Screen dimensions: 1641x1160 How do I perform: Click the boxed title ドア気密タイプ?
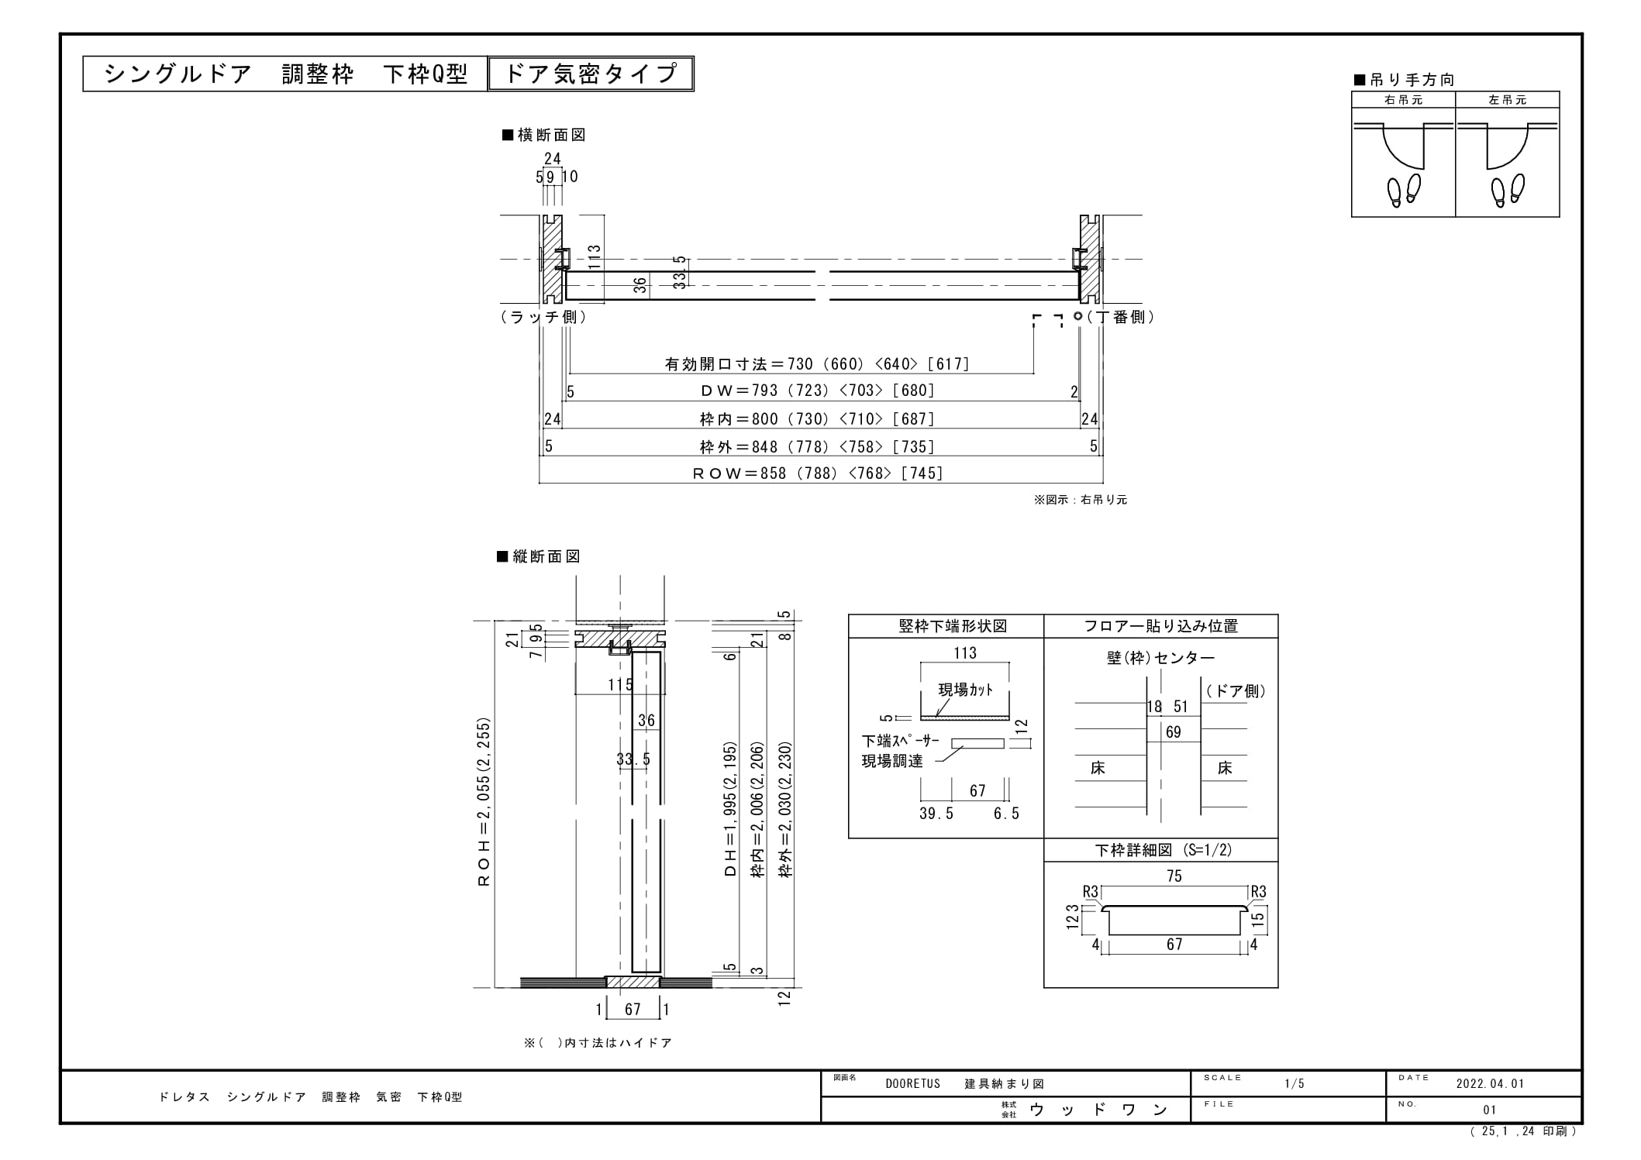[591, 74]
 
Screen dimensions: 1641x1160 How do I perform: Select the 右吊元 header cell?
[1403, 100]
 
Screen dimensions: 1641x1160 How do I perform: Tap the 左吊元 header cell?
[1507, 100]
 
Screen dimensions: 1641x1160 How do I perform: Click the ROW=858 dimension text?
[818, 473]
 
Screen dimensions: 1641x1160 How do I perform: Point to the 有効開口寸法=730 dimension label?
[817, 364]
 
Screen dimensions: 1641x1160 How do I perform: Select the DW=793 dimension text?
[817, 391]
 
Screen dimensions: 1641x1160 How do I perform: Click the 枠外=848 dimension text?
[817, 447]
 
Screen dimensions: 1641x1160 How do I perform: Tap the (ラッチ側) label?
[543, 317]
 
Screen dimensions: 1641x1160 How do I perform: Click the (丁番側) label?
[1120, 317]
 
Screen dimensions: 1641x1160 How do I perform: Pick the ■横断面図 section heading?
[543, 135]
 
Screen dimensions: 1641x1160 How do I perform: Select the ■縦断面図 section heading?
[539, 556]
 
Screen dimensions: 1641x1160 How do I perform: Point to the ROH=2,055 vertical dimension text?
[484, 803]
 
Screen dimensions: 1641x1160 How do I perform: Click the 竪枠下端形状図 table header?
[953, 626]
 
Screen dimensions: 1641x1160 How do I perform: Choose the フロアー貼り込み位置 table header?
[1160, 626]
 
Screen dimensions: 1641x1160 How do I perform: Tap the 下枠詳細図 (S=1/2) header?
[1163, 850]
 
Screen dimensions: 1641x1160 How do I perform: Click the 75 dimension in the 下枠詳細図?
[1174, 876]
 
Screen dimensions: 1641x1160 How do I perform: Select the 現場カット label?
[965, 690]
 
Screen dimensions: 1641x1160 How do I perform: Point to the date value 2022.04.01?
[1490, 1084]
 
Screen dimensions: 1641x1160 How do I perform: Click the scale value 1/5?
[1295, 1084]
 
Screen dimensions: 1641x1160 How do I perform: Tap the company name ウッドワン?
[1098, 1110]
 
